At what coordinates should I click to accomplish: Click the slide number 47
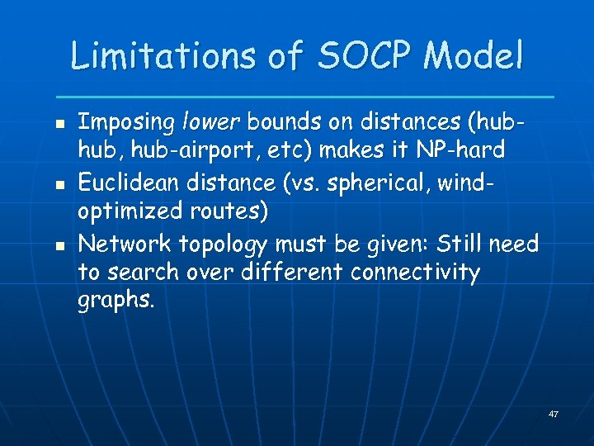(554, 413)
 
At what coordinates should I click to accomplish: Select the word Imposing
(125, 124)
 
